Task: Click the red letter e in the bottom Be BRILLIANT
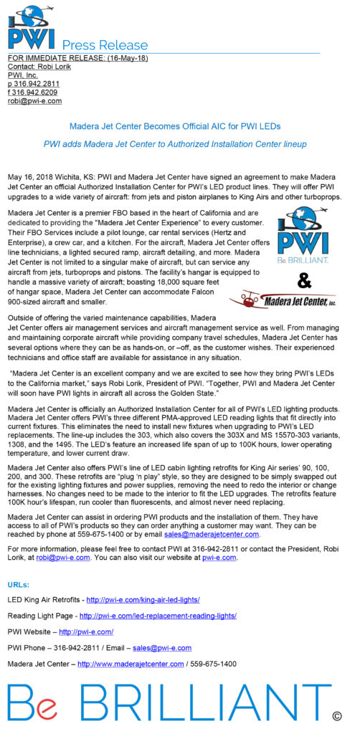(x=48, y=710)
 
